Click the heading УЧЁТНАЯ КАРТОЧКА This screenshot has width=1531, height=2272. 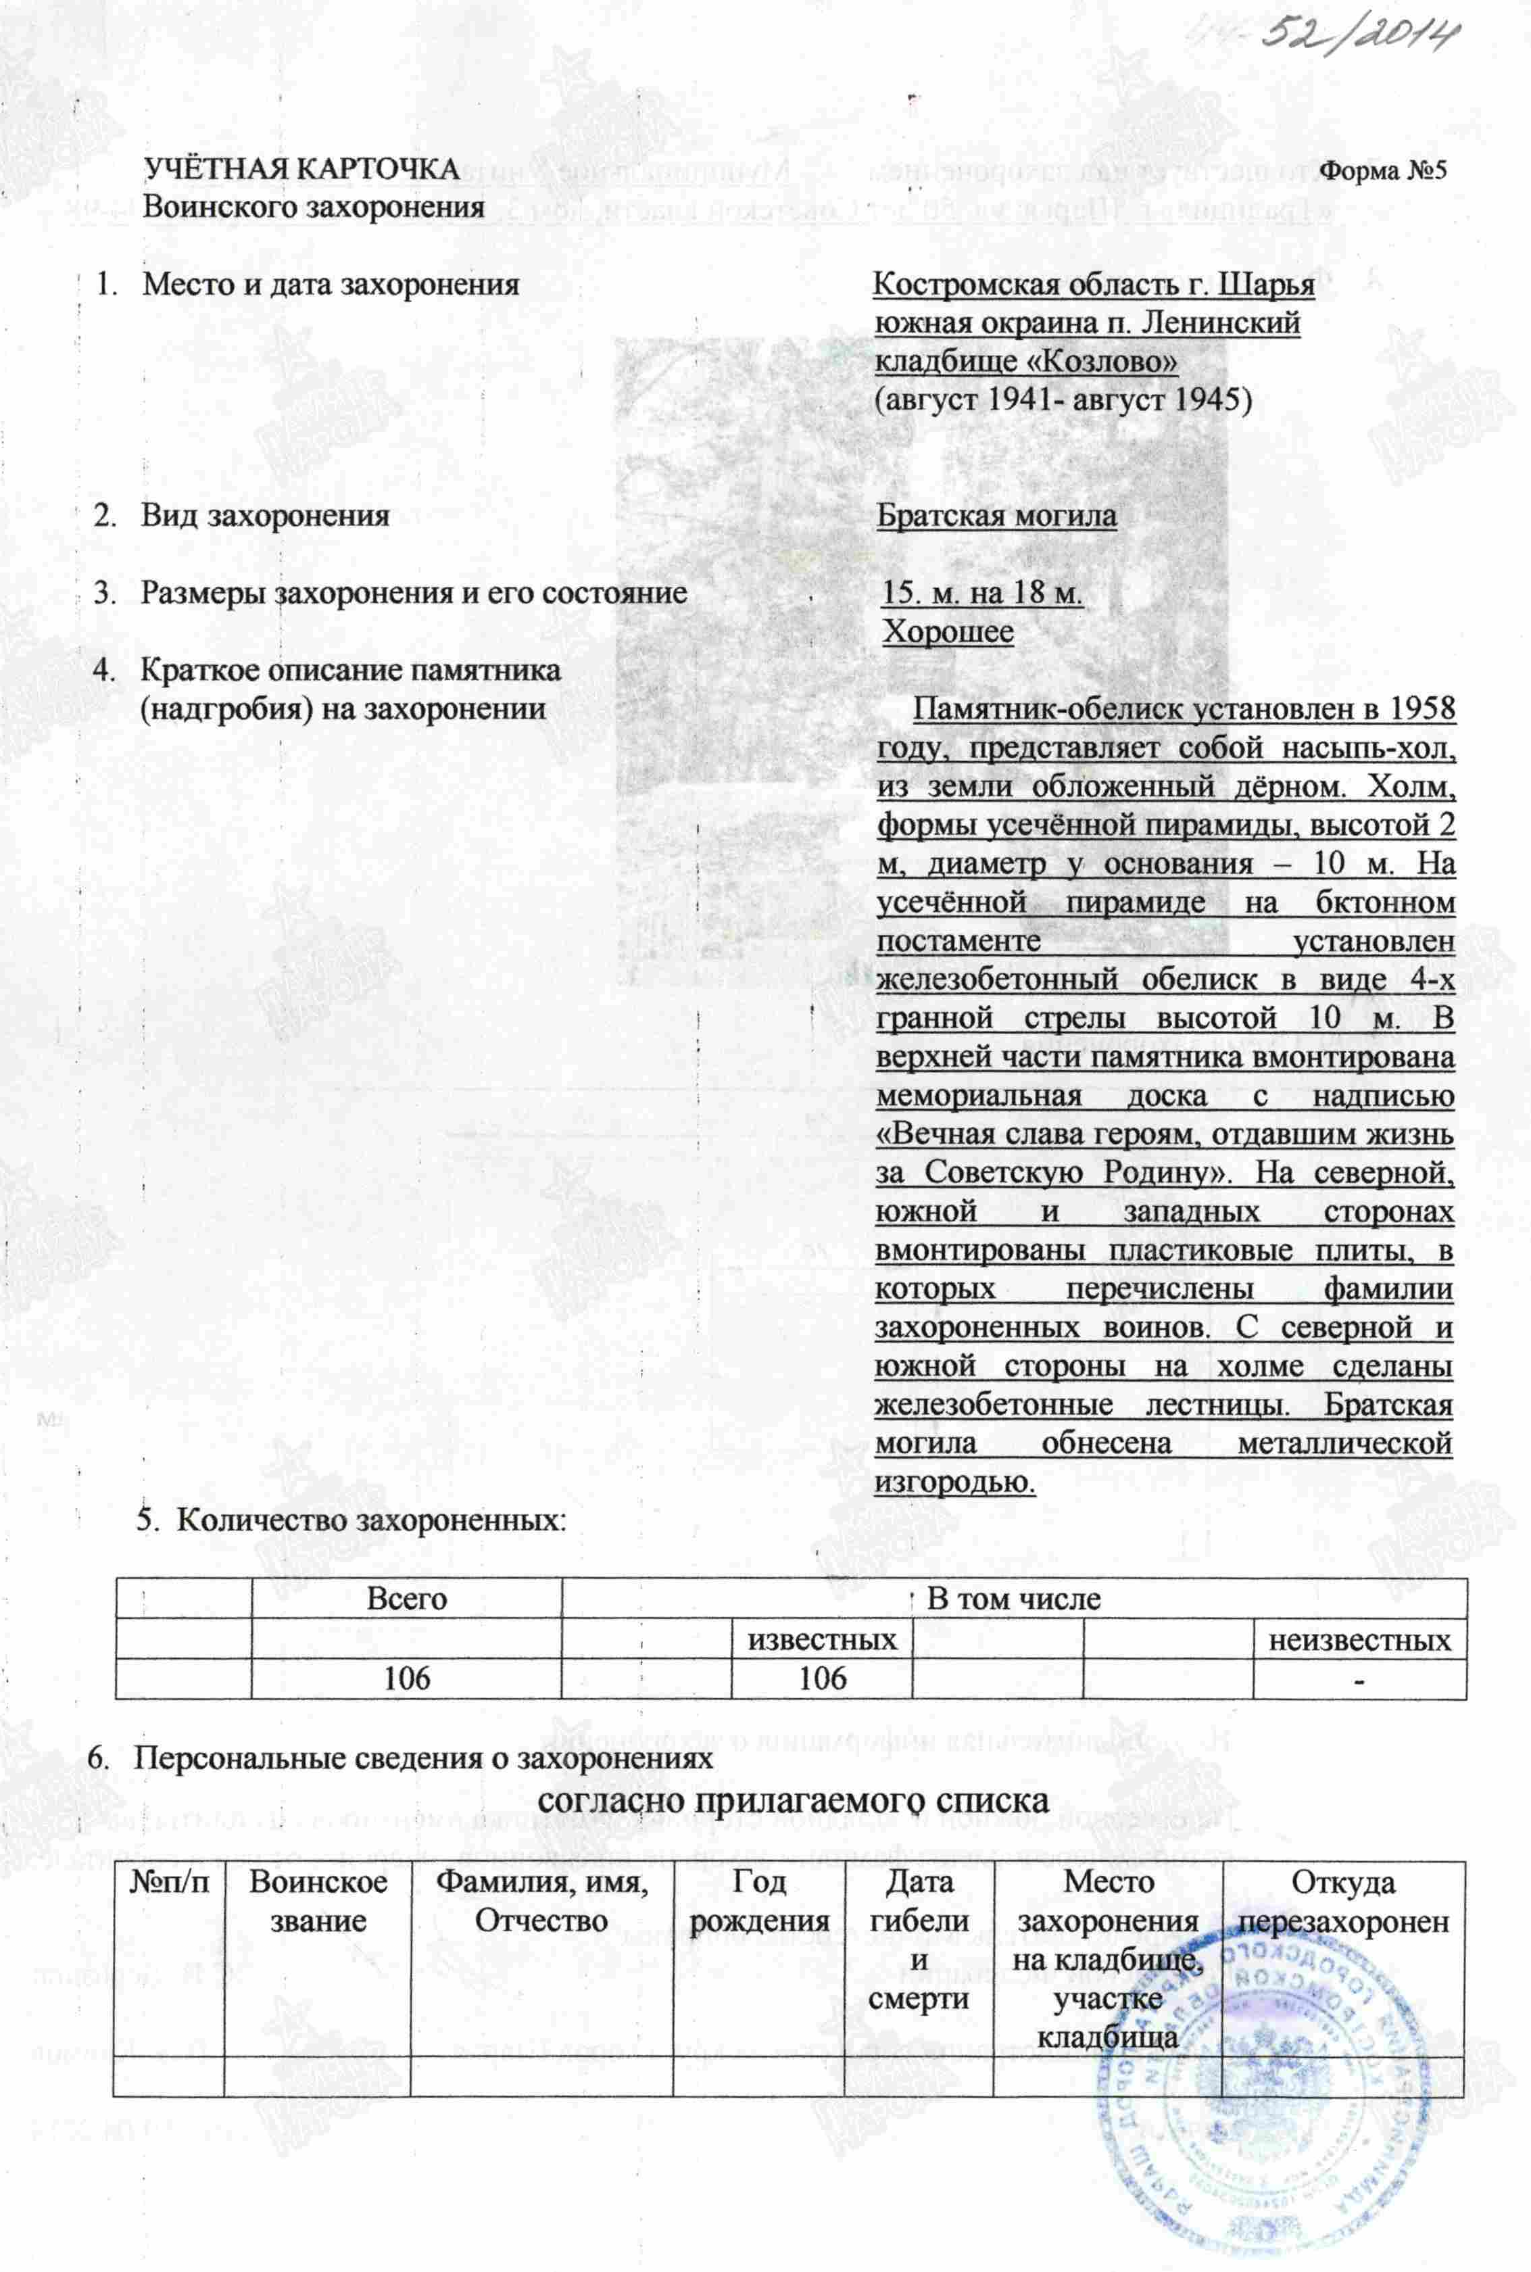301,169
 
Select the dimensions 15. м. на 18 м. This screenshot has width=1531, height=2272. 982,593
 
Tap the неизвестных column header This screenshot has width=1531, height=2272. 1359,1639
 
